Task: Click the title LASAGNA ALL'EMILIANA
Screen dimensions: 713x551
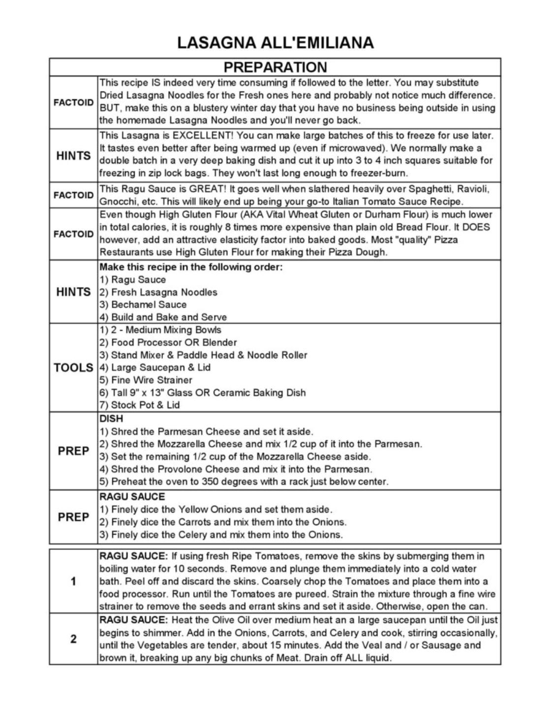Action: tap(275, 43)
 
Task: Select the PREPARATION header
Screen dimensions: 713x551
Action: tap(275, 67)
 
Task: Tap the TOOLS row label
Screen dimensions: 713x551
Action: tap(73, 368)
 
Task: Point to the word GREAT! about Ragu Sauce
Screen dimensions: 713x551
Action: tap(207, 189)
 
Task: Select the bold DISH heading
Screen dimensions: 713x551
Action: tap(111, 419)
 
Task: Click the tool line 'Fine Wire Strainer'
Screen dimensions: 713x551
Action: tap(146, 380)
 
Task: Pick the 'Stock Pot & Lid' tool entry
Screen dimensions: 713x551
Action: tap(140, 405)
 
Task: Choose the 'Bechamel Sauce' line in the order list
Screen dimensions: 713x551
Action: tap(143, 304)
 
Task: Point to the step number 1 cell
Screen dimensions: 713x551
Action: tap(73, 582)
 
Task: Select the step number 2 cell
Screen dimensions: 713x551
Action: tap(73, 639)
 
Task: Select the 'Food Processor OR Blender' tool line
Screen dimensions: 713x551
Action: tap(168, 342)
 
